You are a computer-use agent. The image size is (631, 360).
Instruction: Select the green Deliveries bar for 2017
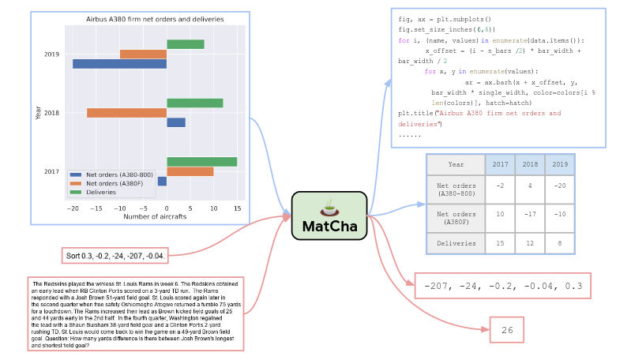pos(201,162)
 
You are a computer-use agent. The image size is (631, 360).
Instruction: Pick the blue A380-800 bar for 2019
pos(119,64)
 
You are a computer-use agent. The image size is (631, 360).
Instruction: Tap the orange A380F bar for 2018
pos(126,113)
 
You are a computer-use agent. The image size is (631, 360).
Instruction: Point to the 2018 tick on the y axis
pos(51,113)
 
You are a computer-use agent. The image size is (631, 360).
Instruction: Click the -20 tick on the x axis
pos(73,208)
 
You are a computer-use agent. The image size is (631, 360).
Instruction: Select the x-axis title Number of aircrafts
pos(151,216)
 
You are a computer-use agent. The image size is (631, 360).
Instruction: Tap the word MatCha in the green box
pos(329,227)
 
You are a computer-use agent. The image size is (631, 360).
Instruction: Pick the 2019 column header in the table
pos(560,165)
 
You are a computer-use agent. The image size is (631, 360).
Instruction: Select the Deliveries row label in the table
pos(456,244)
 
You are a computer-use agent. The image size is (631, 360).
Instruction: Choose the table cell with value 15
pos(499,244)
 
